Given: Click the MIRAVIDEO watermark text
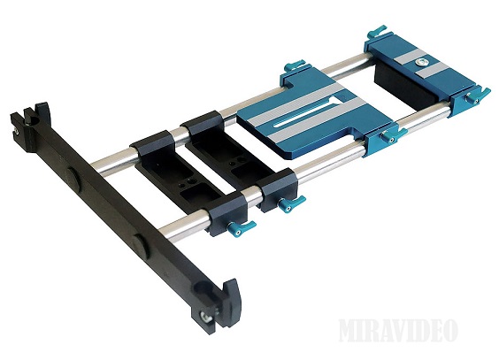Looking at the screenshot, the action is tap(398, 330).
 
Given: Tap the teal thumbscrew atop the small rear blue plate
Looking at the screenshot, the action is tap(377, 31).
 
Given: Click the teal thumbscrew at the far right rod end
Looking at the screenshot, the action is tap(478, 96).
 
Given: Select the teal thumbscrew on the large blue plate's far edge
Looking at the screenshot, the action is tap(295, 65).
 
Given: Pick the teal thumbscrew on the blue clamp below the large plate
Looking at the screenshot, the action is tap(393, 135).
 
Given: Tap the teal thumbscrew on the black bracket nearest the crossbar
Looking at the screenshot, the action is tap(241, 227).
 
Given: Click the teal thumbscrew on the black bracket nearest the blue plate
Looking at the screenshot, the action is tap(290, 203).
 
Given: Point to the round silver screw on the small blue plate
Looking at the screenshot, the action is tap(420, 63).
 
